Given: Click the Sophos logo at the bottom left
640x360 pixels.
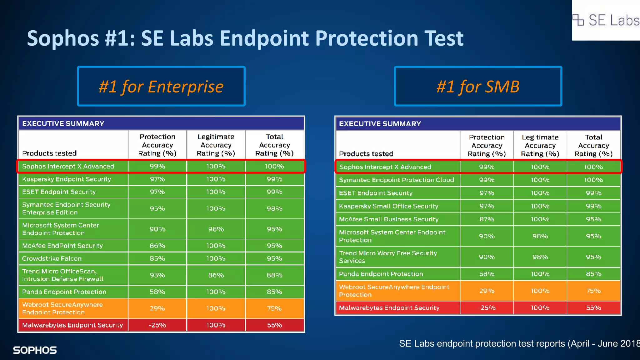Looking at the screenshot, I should pyautogui.click(x=35, y=350).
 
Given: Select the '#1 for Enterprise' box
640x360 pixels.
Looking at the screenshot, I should pyautogui.click(x=161, y=86).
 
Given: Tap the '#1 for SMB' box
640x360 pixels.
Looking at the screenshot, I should pyautogui.click(x=478, y=86).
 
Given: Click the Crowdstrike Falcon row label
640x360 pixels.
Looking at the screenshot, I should pyautogui.click(x=52, y=258).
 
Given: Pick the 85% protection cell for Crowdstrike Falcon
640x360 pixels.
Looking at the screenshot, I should pyautogui.click(x=157, y=258).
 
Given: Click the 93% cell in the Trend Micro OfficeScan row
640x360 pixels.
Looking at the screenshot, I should pyautogui.click(x=157, y=275).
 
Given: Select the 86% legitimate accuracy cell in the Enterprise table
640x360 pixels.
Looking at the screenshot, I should pyautogui.click(x=216, y=275).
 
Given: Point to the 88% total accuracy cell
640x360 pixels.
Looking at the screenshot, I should pyautogui.click(x=274, y=275).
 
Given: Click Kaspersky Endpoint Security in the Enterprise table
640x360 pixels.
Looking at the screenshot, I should pyautogui.click(x=67, y=179).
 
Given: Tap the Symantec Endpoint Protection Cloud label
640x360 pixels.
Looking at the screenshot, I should pyautogui.click(x=396, y=180).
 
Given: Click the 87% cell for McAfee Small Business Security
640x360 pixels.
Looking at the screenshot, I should pyautogui.click(x=487, y=219).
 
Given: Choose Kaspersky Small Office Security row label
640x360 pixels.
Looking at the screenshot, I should pyautogui.click(x=388, y=206).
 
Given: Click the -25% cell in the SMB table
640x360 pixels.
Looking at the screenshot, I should pyautogui.click(x=487, y=308).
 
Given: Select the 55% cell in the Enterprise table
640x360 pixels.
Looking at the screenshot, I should pyautogui.click(x=274, y=325).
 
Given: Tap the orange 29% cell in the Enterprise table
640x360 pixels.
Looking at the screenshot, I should pyautogui.click(x=157, y=308).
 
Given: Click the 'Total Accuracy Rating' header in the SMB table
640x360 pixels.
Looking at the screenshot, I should pyautogui.click(x=593, y=145).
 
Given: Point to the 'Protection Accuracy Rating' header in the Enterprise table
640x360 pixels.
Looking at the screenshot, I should pyautogui.click(x=157, y=145).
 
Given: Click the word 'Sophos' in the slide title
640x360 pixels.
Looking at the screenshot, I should pyautogui.click(x=63, y=38).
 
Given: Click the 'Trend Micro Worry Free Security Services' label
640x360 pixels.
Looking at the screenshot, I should pyautogui.click(x=388, y=257).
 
